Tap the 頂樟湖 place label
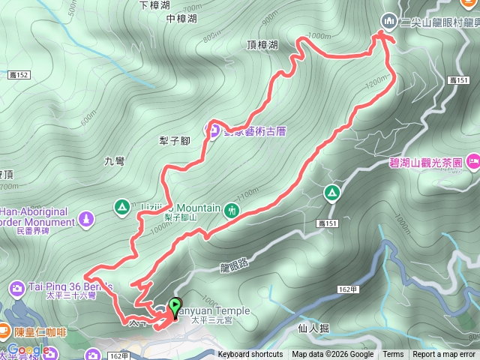262,45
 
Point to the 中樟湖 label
181,19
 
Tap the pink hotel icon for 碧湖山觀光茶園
472,160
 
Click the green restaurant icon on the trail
232,209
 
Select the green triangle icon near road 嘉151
331,193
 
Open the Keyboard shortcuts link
250,355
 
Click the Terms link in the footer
393,355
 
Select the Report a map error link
444,355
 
